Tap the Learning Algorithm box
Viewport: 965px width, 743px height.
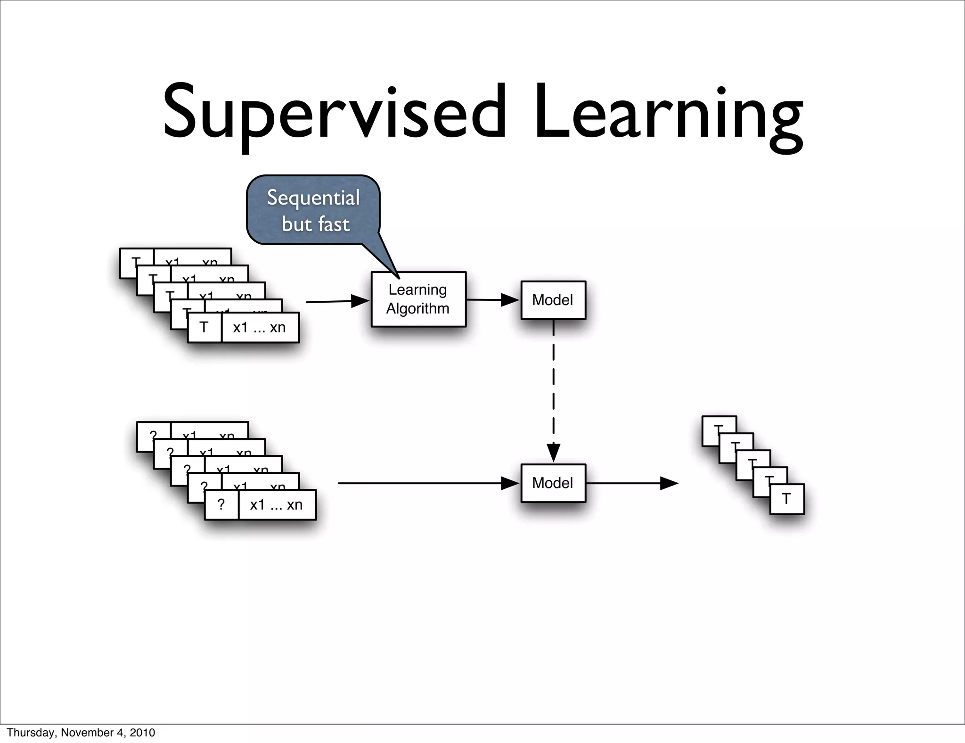pyautogui.click(x=418, y=299)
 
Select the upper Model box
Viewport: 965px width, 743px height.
pyautogui.click(x=553, y=300)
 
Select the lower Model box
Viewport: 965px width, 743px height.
pyautogui.click(x=553, y=483)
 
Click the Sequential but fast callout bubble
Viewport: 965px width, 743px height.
pyautogui.click(x=313, y=210)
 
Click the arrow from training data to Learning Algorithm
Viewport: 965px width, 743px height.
pyautogui.click(x=336, y=301)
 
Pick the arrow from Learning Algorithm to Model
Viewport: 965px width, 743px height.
pyautogui.click(x=493, y=300)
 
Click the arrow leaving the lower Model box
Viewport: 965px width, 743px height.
pyautogui.click(x=631, y=483)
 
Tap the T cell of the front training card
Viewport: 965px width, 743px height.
pyautogui.click(x=204, y=327)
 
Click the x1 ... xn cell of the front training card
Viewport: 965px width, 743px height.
pyautogui.click(x=260, y=327)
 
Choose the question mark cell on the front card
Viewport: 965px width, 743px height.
pyautogui.click(x=221, y=505)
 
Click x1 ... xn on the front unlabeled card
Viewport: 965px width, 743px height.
pyautogui.click(x=277, y=505)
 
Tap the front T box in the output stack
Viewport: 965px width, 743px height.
pyautogui.click(x=786, y=499)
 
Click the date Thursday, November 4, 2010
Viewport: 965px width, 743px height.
pyautogui.click(x=81, y=733)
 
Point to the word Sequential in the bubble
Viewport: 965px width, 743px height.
pyautogui.click(x=313, y=198)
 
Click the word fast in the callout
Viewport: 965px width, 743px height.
pyautogui.click(x=334, y=224)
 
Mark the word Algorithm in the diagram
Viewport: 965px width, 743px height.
pyautogui.click(x=418, y=309)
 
